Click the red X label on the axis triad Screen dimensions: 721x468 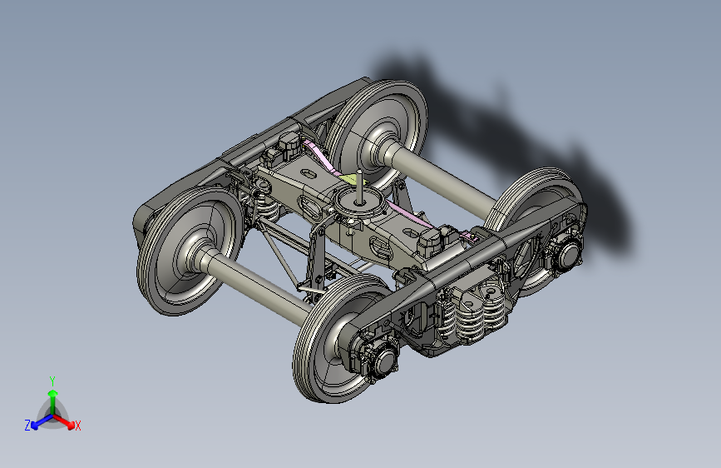point(77,426)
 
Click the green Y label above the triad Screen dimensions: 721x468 point(52,381)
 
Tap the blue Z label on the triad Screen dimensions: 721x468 point(27,426)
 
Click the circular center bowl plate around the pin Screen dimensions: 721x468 point(358,203)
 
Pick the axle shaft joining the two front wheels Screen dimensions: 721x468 point(258,282)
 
